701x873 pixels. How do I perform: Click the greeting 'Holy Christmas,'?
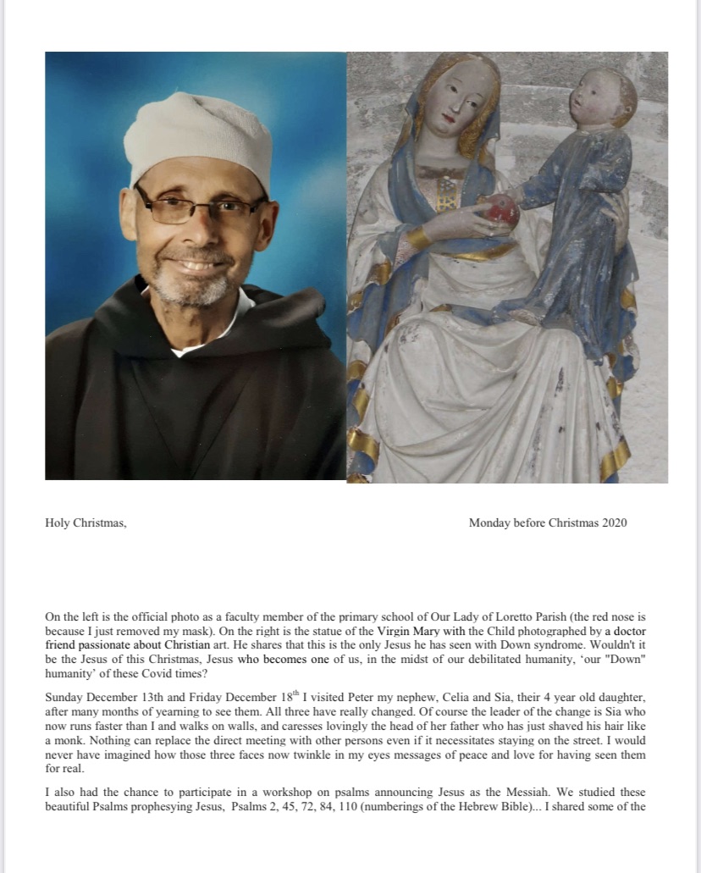(x=86, y=522)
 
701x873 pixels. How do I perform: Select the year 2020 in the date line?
(x=615, y=522)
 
